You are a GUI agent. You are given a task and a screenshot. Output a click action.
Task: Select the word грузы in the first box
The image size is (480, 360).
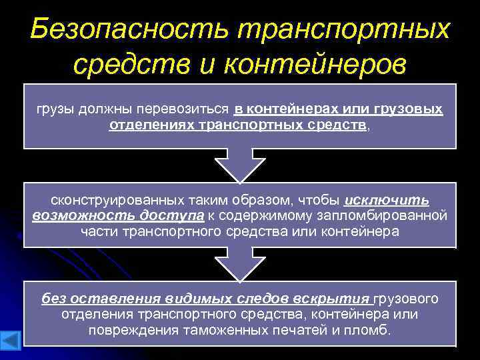55,109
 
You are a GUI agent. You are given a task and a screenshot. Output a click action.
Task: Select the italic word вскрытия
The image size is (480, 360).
337,299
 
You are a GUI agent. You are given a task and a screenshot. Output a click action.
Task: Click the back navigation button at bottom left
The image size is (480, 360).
11,338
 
